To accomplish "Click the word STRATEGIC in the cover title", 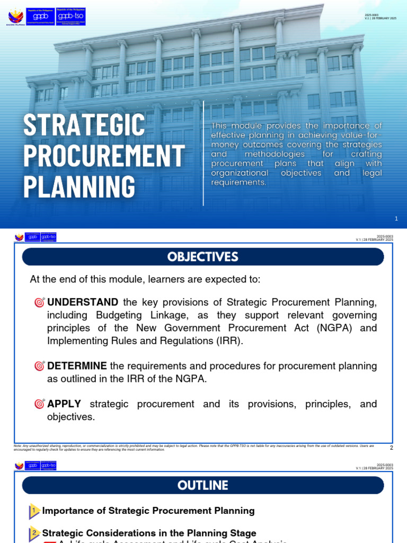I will coord(84,124).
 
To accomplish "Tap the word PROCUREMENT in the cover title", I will coord(104,155).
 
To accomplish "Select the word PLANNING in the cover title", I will coord(79,186).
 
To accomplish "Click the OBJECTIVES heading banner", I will coord(203,257).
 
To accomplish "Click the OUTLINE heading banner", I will coord(203,485).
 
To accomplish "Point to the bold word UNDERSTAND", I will coord(83,302).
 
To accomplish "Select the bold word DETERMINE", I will coord(77,366).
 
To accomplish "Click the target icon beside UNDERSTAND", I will coord(40,302).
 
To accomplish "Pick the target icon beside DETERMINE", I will coord(40,366).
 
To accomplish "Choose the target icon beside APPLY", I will coord(40,404).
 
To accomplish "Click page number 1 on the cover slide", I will coord(396,218).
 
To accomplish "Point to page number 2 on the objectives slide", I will coord(392,448).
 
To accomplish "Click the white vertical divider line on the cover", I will coord(203,153).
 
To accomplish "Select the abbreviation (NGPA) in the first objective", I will coord(336,328).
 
